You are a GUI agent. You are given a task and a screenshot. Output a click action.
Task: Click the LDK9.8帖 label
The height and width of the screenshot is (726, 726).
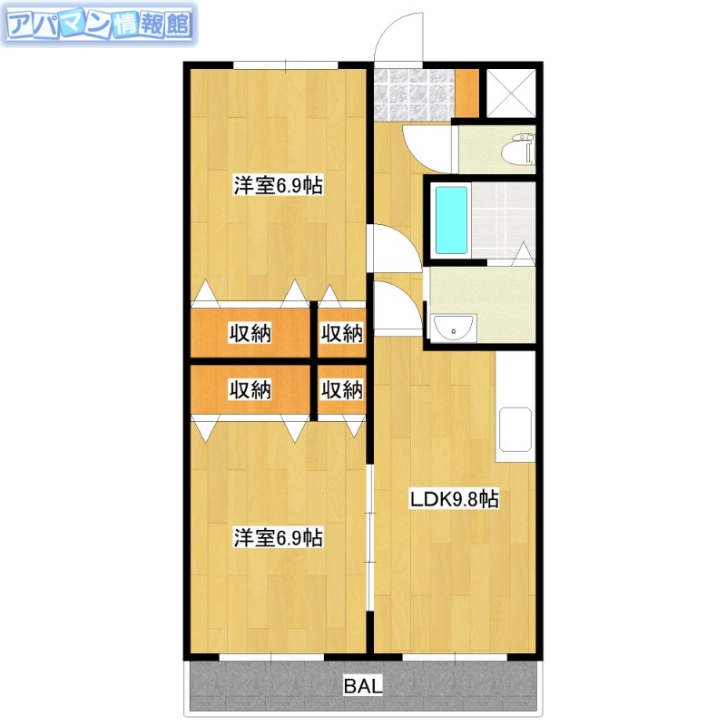[x=454, y=499]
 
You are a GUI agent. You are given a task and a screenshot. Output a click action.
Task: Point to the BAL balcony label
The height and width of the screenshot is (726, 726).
[x=363, y=686]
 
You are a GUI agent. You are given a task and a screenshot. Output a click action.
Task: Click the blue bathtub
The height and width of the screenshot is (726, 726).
[x=451, y=220]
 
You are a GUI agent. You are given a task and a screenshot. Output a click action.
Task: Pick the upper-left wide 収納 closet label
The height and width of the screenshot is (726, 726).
[x=250, y=333]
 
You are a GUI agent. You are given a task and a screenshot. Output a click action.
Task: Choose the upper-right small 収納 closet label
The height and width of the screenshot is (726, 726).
[x=341, y=333]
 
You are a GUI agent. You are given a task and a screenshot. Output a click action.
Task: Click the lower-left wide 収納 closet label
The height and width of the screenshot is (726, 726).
[x=250, y=390]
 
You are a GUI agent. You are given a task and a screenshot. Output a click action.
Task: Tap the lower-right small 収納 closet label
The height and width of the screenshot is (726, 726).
[x=341, y=390]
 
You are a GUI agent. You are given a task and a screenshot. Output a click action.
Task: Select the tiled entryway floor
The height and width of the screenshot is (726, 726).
[x=413, y=92]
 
